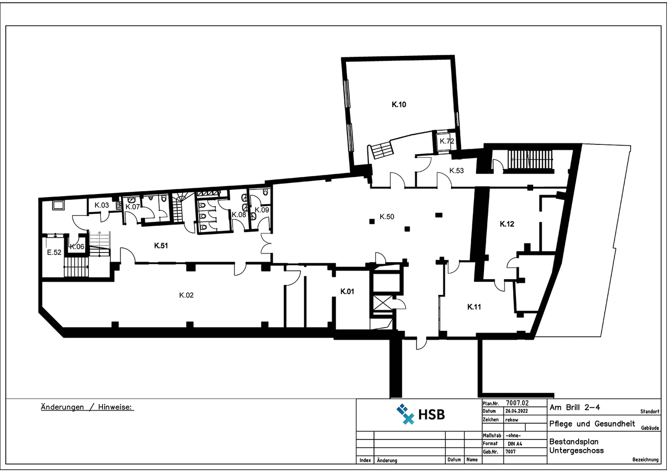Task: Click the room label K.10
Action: [x=399, y=104]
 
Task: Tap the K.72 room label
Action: [x=447, y=141]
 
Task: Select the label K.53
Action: [x=456, y=170]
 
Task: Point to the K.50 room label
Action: [x=387, y=217]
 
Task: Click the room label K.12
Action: [x=507, y=224]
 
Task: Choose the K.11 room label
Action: [x=474, y=307]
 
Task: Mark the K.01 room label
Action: [x=347, y=291]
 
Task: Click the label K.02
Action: [x=186, y=295]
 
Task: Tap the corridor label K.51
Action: [x=161, y=246]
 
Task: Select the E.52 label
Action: [x=54, y=252]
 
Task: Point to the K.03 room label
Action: [x=101, y=205]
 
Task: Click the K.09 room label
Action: [x=262, y=209]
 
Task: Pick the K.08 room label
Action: [x=239, y=215]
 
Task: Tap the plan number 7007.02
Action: [x=517, y=403]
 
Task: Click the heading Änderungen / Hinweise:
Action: [x=87, y=407]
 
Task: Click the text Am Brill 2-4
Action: [x=575, y=407]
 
